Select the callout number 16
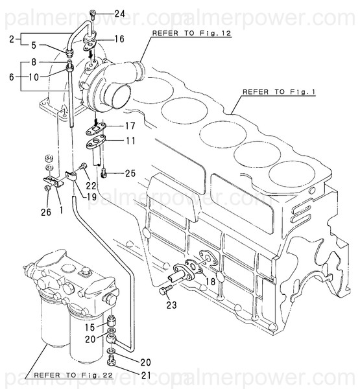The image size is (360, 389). pos(119,39)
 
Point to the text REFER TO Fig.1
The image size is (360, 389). pos(280,93)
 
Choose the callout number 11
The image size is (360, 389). pos(130,140)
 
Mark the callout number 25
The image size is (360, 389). pos(130,173)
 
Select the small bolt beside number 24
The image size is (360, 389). pos(94,13)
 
